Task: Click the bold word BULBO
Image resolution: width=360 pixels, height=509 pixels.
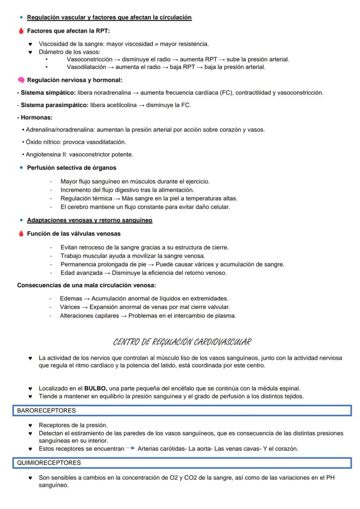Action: pyautogui.click(x=95, y=388)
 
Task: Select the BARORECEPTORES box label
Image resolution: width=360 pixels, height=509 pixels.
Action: pyautogui.click(x=46, y=410)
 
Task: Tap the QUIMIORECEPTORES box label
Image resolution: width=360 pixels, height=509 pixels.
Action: pyautogui.click(x=49, y=463)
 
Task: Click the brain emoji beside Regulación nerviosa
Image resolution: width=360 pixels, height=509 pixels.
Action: pyautogui.click(x=21, y=80)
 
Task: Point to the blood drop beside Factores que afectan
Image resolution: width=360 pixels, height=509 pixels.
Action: pyautogui.click(x=21, y=31)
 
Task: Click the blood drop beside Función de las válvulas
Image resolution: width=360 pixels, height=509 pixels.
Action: pyautogui.click(x=21, y=234)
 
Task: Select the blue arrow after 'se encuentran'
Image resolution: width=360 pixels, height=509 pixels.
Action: pyautogui.click(x=130, y=449)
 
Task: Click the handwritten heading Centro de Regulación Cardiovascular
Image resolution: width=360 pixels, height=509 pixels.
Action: pyautogui.click(x=182, y=342)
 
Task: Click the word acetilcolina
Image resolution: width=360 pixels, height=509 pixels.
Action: pyautogui.click(x=119, y=105)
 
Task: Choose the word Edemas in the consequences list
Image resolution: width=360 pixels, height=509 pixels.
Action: pyautogui.click(x=70, y=298)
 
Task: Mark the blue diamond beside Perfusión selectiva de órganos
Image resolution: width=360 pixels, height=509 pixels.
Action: pyautogui.click(x=21, y=167)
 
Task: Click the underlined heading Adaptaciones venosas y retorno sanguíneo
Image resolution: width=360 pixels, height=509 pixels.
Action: pyautogui.click(x=90, y=220)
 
